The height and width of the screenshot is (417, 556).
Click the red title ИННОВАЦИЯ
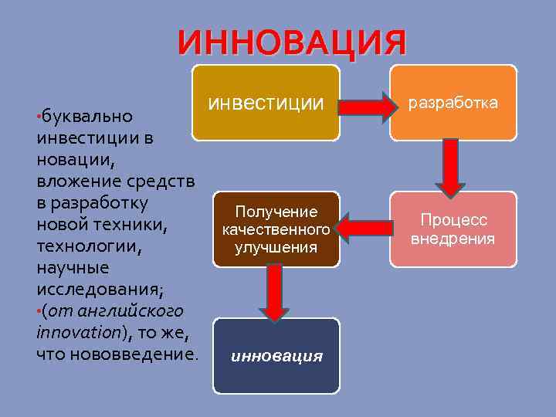coord(292,42)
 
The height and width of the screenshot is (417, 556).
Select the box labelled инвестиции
coord(266,103)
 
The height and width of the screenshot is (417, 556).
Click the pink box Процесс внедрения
coord(453,229)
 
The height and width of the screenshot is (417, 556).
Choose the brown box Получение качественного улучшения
coord(276,229)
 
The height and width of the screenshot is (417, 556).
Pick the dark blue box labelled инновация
coord(276,355)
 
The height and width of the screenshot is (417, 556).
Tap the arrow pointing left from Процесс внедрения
coord(364,229)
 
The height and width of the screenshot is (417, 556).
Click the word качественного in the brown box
coord(276,229)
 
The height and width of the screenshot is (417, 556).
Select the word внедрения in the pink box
coord(453,239)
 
